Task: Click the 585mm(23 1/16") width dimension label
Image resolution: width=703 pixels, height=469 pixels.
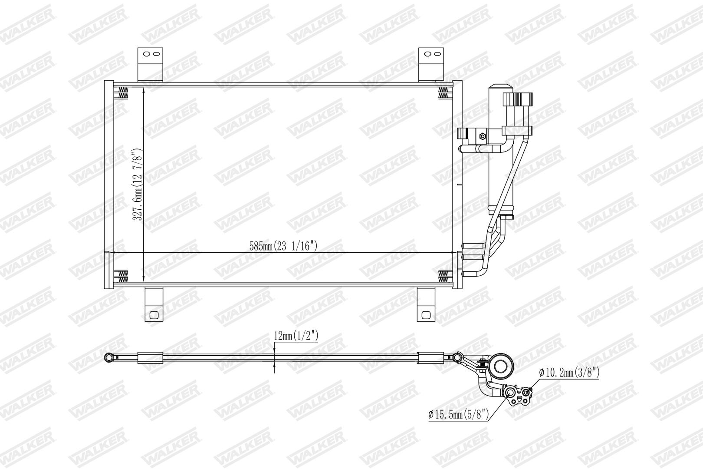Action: click(283, 246)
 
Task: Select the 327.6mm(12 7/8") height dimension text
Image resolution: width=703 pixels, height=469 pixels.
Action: click(138, 184)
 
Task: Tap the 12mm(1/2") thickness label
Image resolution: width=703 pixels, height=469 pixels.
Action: click(296, 336)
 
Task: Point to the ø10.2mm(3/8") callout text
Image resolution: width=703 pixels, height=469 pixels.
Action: click(569, 373)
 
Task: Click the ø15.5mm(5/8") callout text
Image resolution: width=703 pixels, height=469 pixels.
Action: click(459, 414)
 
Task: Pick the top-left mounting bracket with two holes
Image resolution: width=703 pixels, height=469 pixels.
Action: click(150, 65)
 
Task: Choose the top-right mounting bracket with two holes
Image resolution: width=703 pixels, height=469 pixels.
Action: click(431, 65)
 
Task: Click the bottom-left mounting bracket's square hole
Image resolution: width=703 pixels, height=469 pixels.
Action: click(154, 315)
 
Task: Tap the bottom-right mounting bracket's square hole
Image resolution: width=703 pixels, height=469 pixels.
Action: click(426, 315)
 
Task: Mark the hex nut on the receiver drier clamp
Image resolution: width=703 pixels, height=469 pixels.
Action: click(483, 136)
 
